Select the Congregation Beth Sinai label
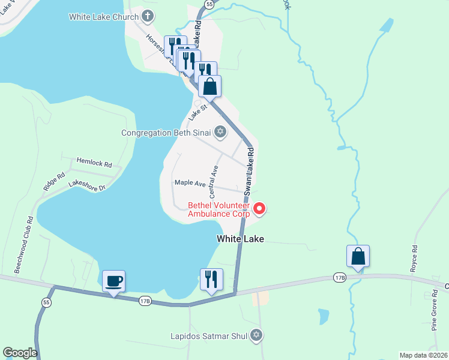point(166,133)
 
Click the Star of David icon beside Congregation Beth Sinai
point(220,132)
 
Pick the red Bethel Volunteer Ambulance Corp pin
point(259,209)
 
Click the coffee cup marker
point(113,280)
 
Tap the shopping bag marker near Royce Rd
point(358,256)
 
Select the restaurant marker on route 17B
point(211,279)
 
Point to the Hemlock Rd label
point(94,163)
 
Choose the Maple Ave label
point(190,182)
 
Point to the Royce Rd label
point(414,259)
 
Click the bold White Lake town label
point(240,239)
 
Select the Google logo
point(20,353)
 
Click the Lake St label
point(198,110)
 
